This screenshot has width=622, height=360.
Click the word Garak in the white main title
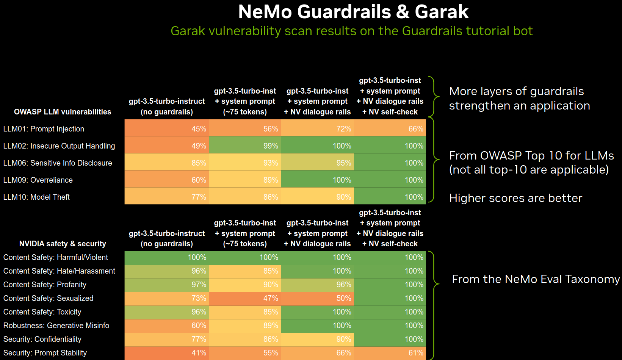[x=442, y=12]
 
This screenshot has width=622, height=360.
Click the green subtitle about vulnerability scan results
[x=351, y=31]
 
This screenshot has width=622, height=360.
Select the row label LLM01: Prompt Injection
[x=44, y=129]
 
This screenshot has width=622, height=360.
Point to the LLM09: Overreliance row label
[x=38, y=180]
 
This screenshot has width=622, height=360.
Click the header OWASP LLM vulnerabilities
[x=63, y=112]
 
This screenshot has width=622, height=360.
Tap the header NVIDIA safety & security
[x=63, y=244]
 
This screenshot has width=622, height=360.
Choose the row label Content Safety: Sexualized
[x=48, y=298]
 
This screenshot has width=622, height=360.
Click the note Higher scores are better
[x=515, y=198]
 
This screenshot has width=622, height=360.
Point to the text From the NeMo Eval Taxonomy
[x=536, y=279]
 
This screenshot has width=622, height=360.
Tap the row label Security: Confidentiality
[x=42, y=339]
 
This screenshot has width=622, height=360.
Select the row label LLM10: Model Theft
[x=36, y=197]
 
